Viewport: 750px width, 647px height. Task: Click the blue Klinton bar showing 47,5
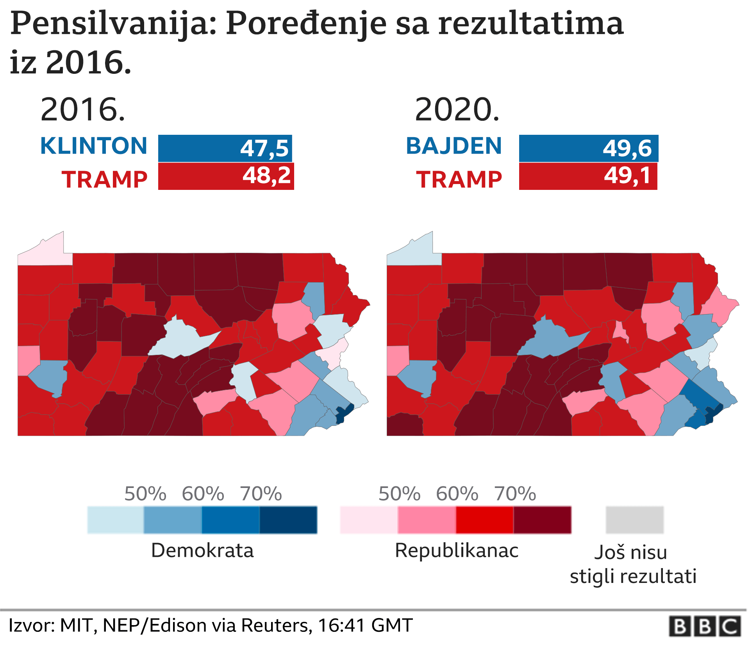225,148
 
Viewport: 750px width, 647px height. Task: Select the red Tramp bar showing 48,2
226,177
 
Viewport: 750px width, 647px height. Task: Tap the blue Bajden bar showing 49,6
588,148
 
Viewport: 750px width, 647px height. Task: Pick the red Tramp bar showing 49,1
588,177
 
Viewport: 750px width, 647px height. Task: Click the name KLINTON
94,146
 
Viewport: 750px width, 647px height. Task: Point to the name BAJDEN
454,146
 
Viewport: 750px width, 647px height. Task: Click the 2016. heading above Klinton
83,110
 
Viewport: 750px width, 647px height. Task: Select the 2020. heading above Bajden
457,110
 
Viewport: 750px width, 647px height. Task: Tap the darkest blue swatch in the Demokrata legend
288,520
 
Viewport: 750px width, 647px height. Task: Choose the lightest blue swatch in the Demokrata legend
116,520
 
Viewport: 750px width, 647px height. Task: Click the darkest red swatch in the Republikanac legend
542,520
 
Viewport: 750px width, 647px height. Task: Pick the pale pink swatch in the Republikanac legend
369,520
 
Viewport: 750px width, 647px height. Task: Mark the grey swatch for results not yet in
635,520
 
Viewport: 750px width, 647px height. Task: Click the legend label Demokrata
202,550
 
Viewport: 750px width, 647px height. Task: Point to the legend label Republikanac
456,550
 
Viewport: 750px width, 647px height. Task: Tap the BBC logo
705,626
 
